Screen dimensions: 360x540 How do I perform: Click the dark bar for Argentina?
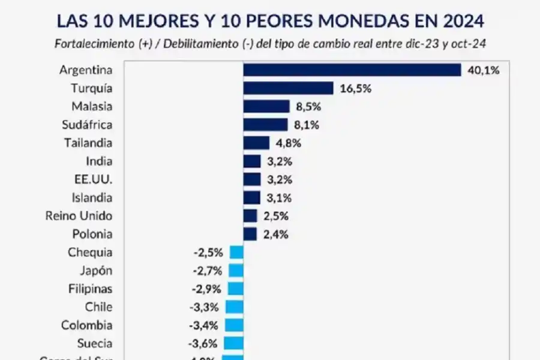352,70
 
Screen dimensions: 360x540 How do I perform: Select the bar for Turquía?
288,88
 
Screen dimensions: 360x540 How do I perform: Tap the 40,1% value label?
483,70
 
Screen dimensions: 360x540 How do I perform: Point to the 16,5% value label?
355,89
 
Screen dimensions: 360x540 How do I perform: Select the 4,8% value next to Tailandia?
287,143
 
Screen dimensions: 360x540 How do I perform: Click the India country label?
100,161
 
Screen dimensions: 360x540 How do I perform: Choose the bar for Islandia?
251,197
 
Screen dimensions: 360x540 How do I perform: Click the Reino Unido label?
79,215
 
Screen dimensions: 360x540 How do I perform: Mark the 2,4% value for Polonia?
275,234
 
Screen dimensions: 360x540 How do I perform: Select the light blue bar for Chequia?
236,253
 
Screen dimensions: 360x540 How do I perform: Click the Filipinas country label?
90,289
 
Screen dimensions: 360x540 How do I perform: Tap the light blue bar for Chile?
235,307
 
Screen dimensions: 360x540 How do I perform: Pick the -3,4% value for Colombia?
203,326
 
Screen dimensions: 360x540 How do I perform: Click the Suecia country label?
94,344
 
